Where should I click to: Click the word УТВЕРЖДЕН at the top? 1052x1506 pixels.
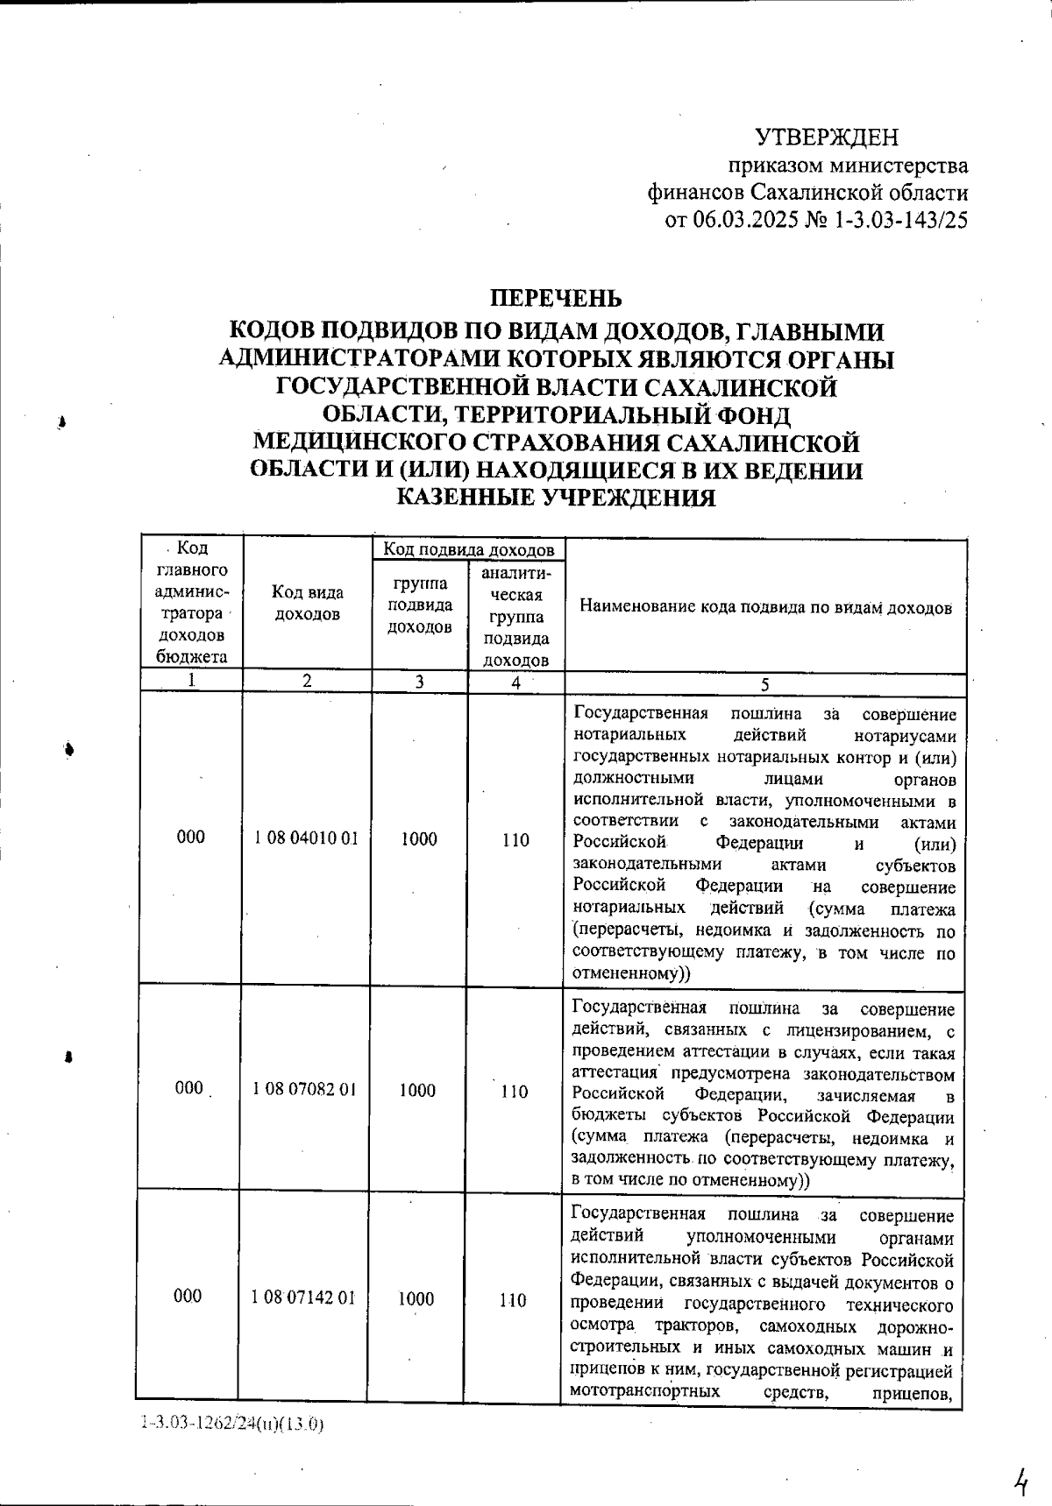coord(827,138)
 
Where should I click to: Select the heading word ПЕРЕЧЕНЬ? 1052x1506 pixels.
coord(555,298)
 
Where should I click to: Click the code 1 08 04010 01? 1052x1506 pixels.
coord(307,838)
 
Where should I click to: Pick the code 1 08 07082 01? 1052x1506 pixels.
coord(305,1090)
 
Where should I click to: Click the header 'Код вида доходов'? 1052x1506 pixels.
coord(307,604)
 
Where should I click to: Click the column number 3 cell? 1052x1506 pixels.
coord(420,682)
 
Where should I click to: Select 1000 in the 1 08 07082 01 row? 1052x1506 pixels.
coord(417,1090)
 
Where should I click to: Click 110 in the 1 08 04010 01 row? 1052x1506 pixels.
coord(515,840)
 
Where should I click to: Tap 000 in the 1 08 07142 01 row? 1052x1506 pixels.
coord(188,1297)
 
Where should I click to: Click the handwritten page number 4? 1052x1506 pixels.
coord(1020,1459)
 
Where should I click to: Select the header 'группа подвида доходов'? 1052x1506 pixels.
coord(420,605)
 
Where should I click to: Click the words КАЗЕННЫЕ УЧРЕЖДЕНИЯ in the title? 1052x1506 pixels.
coord(557,498)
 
